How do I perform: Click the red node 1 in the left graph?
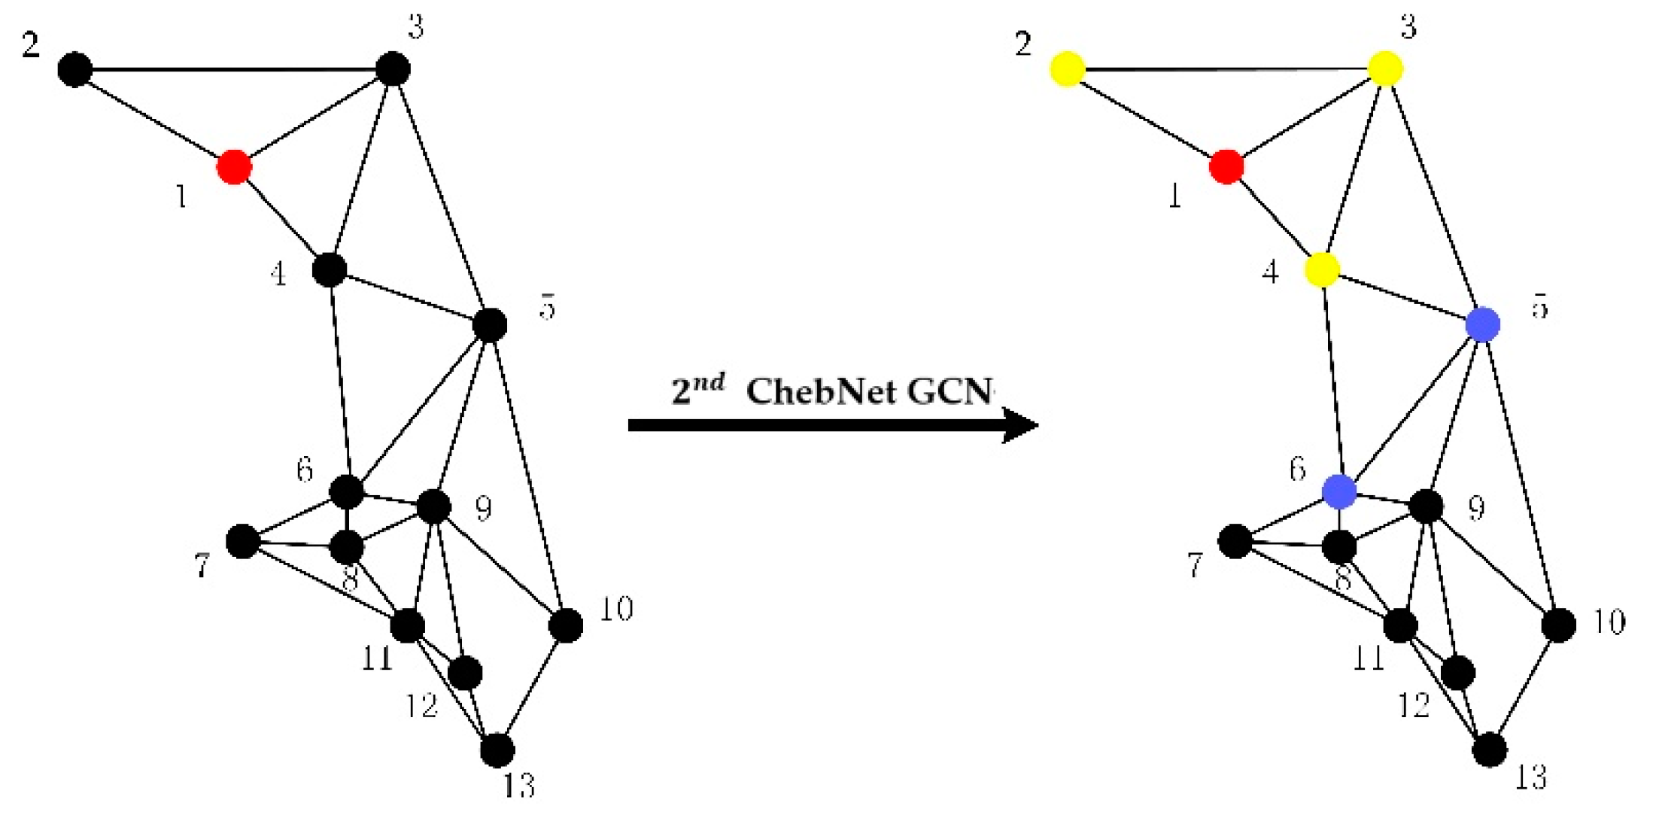tap(233, 166)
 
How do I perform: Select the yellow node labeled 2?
tap(1067, 69)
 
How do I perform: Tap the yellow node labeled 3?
tap(1384, 68)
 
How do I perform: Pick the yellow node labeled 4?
tap(1322, 269)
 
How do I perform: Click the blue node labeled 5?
tap(1483, 325)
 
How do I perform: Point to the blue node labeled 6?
tap(1339, 491)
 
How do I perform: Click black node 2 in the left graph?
tap(74, 69)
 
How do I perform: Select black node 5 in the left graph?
tap(490, 325)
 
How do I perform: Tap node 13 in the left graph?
tap(497, 750)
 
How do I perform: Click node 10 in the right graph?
tap(1558, 625)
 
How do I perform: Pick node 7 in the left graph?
tap(242, 541)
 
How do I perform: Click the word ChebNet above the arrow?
tap(821, 391)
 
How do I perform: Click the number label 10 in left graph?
tap(615, 609)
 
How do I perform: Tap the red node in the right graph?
tap(1226, 166)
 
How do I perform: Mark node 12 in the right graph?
tap(1458, 672)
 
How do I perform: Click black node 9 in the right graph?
tap(1426, 506)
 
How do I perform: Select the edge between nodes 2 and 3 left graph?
tap(233, 70)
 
